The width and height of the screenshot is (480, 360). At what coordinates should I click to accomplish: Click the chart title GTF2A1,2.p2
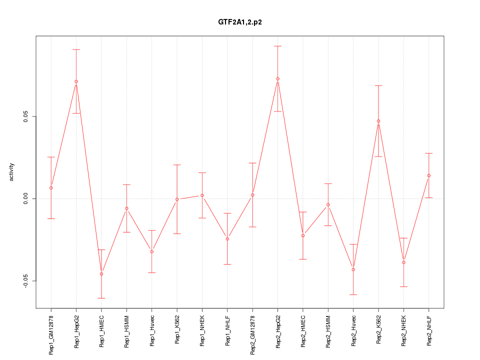point(240,22)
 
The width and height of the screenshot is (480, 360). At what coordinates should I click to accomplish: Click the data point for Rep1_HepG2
point(76,81)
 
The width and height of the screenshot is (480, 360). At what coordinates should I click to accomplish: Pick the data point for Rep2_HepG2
point(277,78)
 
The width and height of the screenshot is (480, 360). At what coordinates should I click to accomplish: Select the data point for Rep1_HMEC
point(101,274)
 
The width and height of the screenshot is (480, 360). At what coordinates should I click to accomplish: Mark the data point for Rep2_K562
point(378,121)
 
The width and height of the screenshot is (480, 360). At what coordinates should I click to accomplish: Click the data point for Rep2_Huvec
point(353,269)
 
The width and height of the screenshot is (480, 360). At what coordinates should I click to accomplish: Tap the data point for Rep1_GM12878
point(51,188)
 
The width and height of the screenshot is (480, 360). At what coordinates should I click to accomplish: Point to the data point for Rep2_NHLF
point(429,175)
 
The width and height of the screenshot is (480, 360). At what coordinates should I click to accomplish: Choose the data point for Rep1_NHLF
point(227,239)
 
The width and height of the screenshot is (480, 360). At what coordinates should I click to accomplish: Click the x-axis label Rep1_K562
point(177,332)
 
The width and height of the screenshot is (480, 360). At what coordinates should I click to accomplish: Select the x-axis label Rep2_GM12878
point(252,335)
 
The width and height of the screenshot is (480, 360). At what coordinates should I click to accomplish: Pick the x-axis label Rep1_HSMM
point(126,332)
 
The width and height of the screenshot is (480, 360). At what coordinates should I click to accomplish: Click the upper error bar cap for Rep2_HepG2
point(277,46)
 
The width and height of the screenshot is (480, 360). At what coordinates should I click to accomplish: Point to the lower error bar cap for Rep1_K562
point(177,233)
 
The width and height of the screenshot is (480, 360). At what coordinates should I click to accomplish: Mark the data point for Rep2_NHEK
point(404,262)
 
